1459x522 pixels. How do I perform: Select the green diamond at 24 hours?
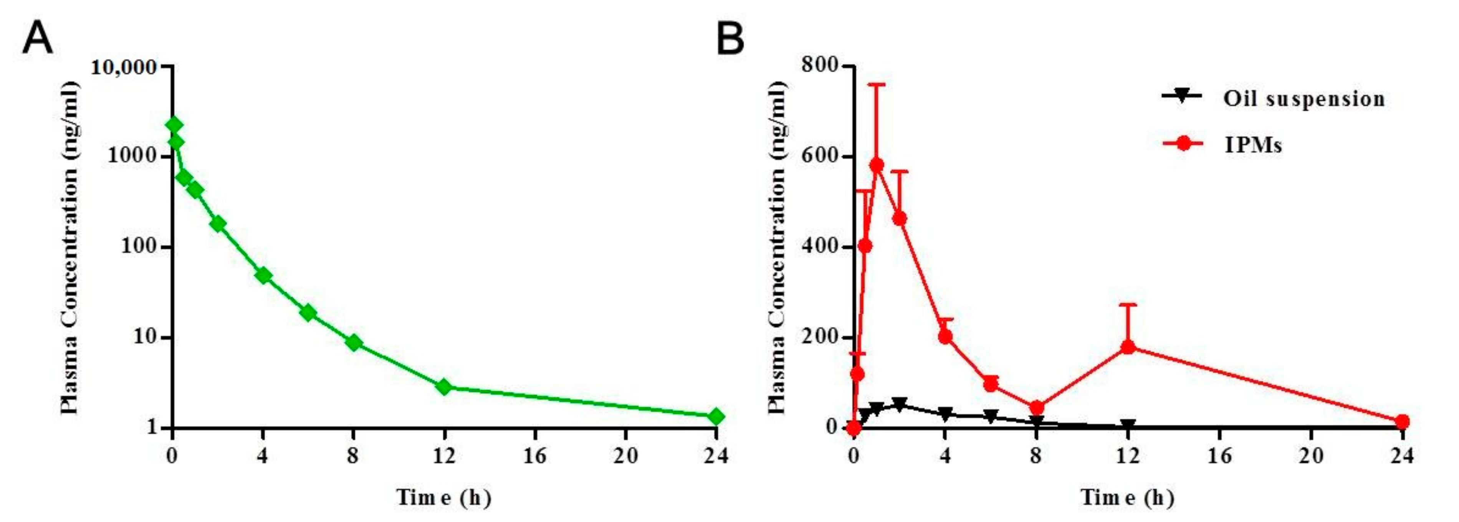[x=716, y=417]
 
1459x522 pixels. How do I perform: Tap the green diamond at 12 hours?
[x=444, y=388]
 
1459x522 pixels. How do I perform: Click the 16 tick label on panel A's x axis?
[x=535, y=456]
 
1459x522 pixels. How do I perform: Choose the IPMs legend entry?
[x=1253, y=145]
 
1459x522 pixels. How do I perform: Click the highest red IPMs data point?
[x=877, y=165]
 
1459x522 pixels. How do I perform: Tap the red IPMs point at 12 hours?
[x=1128, y=347]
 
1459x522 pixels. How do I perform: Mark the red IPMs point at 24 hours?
[x=1402, y=421]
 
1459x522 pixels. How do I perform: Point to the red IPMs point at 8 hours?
[x=1037, y=408]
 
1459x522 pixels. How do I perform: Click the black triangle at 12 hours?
[x=1128, y=426]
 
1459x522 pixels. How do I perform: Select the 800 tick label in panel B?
[x=820, y=66]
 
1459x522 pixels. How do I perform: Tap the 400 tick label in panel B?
[x=820, y=248]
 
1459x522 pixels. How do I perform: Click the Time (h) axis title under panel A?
[x=443, y=498]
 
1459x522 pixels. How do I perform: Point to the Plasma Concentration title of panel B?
[x=777, y=248]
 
